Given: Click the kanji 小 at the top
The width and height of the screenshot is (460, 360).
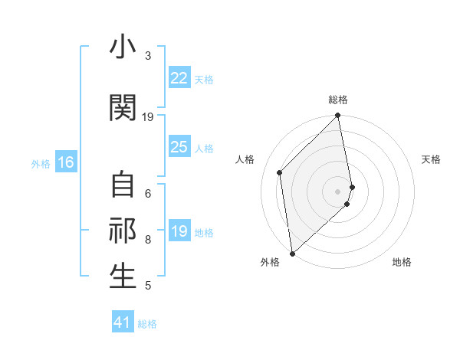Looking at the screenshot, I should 123,47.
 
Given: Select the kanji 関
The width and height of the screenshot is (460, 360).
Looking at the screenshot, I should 123,108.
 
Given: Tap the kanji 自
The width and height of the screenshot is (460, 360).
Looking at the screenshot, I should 123,185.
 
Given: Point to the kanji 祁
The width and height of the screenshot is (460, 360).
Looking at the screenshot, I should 123,231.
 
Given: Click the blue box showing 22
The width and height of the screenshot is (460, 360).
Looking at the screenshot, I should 179,78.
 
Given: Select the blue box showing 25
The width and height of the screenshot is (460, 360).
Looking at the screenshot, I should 179,147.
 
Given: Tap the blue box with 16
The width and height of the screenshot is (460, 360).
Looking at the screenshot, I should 65,162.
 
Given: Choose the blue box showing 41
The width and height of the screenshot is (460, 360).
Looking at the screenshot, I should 123,322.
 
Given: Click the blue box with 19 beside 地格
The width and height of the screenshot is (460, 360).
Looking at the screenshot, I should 179,231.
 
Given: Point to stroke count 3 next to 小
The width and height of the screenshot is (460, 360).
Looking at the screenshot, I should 148,56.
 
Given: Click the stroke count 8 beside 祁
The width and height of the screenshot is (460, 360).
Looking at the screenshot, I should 148,239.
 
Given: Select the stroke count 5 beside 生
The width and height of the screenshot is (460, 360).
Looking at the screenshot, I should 148,286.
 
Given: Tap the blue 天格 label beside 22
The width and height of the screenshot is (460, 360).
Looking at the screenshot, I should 203,79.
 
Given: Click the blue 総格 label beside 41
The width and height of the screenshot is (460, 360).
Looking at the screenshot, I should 147,324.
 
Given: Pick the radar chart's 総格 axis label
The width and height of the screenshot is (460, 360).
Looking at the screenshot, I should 338,100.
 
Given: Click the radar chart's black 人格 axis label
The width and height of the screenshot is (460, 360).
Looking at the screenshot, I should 245,159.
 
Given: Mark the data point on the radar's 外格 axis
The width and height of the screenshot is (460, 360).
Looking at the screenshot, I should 292,253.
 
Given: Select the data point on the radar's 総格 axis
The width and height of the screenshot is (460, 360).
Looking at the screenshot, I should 337,116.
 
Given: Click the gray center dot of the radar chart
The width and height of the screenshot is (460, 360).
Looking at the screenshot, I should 337,191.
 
